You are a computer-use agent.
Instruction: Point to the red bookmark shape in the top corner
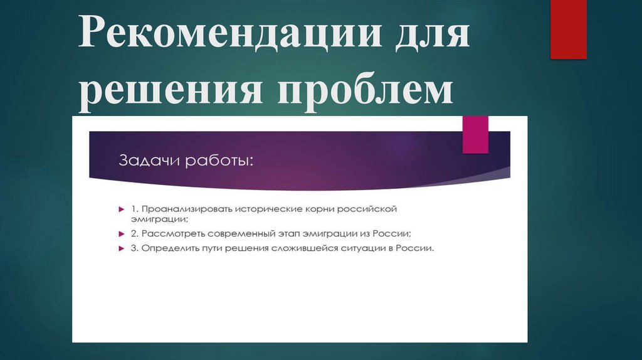pyautogui.click(x=567, y=28)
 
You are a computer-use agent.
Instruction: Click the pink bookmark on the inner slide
pyautogui.click(x=475, y=134)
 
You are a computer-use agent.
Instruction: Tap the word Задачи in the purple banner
pyautogui.click(x=148, y=162)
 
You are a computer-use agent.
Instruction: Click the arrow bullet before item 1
pyautogui.click(x=121, y=208)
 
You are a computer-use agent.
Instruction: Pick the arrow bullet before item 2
pyautogui.click(x=121, y=233)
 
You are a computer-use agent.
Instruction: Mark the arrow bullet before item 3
pyautogui.click(x=121, y=248)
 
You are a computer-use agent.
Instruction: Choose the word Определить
pyautogui.click(x=169, y=248)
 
